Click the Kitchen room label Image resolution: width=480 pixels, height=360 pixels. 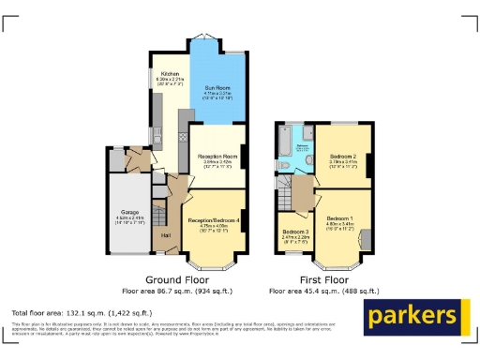[x=169, y=73]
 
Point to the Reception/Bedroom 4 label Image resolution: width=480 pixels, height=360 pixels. [x=215, y=219]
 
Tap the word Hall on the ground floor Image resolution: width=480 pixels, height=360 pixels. [x=165, y=235]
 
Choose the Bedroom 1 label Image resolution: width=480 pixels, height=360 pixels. [x=340, y=216]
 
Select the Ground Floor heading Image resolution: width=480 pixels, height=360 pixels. [x=176, y=279]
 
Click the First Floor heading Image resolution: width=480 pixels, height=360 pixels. [x=323, y=279]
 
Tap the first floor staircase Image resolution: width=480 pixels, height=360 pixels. [x=284, y=195]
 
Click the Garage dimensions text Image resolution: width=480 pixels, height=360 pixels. [x=127, y=222]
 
